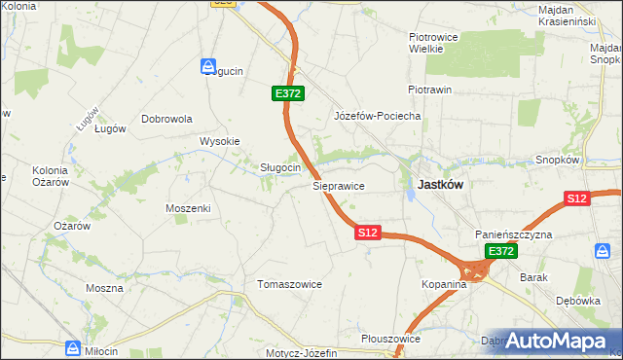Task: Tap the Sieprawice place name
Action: (x=338, y=184)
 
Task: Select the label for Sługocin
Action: (x=279, y=167)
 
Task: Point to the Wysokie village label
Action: (x=219, y=141)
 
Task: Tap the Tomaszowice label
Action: (x=288, y=284)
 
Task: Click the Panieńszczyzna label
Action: (x=514, y=235)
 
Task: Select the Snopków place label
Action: (x=558, y=160)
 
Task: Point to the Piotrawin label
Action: (x=429, y=90)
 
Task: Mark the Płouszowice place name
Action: (x=389, y=339)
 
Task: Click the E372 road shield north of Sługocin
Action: (x=288, y=93)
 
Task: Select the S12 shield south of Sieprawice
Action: (x=367, y=234)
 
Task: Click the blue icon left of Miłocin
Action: (x=73, y=347)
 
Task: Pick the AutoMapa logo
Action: (x=556, y=342)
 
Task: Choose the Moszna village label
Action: (x=104, y=288)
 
